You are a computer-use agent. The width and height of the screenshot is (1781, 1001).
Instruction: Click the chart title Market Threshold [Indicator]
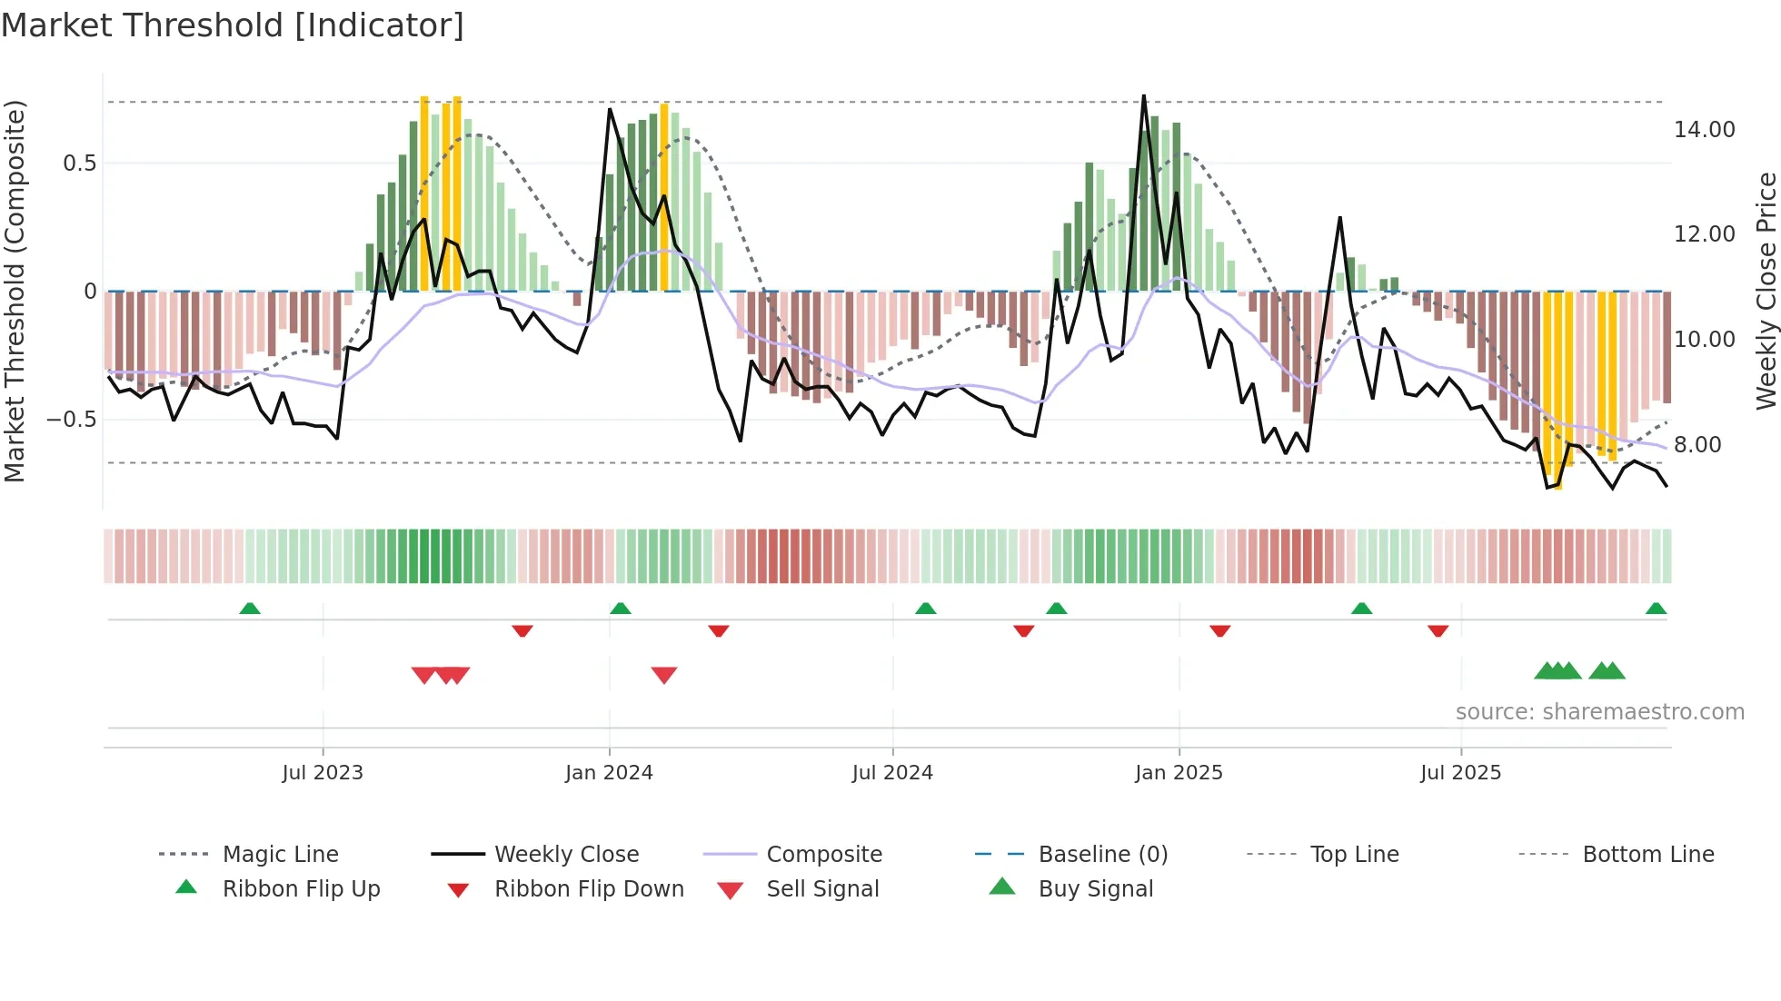coord(233,25)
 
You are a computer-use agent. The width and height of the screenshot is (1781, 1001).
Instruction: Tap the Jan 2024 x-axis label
coord(609,773)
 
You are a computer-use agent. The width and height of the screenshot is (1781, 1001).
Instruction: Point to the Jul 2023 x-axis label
coord(323,773)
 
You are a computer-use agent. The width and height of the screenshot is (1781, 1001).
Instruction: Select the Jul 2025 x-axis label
coord(1460,773)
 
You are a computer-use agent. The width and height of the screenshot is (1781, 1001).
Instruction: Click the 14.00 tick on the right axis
coord(1704,130)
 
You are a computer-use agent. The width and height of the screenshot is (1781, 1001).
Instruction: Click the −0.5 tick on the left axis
coord(72,420)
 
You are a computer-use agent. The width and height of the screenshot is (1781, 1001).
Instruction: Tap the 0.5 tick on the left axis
coord(79,164)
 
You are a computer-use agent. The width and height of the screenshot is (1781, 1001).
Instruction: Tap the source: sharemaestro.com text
coord(1599,712)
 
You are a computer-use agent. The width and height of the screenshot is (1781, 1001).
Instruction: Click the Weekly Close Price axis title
coord(1766,291)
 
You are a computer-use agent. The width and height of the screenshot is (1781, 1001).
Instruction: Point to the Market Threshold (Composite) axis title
coord(15,291)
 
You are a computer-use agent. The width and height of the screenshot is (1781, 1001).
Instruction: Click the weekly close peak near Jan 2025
coord(1143,95)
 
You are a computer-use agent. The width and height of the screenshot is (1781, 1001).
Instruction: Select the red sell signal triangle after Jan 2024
coord(664,675)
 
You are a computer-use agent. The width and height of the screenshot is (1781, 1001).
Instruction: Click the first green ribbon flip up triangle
coord(250,608)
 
